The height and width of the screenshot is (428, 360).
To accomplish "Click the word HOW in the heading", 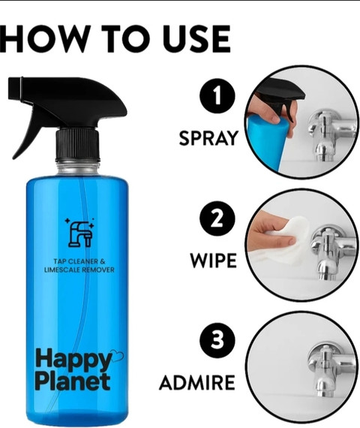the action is point(43,39).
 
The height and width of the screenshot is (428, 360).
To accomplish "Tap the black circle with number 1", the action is point(217,96).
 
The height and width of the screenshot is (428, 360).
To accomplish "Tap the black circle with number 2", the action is point(217,219).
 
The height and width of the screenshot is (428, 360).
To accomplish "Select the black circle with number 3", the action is point(217,340).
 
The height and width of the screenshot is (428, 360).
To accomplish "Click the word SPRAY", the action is point(208,138).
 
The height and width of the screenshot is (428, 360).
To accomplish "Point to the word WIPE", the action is point(213,261).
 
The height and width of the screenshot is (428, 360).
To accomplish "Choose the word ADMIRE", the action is point(197,382).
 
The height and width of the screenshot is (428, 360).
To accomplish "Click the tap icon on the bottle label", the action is point(80,233).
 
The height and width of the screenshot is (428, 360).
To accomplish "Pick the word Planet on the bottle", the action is point(73,381).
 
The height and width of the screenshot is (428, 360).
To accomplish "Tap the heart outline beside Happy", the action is point(117,355).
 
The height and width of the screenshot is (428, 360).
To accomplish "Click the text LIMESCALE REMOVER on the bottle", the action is point(79,270).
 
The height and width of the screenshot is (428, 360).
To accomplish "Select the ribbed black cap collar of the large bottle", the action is point(78,145).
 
